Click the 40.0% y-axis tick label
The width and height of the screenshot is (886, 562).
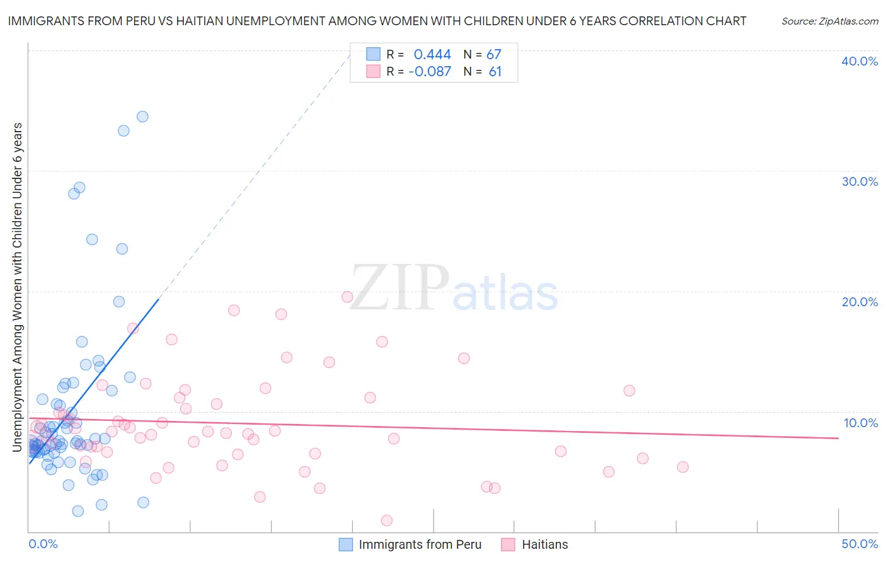click(860, 61)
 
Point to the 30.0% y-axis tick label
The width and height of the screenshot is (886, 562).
click(860, 181)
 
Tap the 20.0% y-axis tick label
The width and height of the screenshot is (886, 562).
click(860, 302)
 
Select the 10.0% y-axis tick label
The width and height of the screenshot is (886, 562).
click(861, 423)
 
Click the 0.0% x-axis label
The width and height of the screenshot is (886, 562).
click(43, 544)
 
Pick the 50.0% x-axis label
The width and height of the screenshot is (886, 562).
click(860, 544)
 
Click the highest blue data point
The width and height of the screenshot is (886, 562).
click(142, 117)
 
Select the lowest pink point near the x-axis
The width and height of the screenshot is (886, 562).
click(387, 520)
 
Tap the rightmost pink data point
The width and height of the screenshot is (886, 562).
click(682, 467)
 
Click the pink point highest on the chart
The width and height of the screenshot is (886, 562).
click(347, 297)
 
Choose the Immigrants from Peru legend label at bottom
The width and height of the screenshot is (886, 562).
click(420, 544)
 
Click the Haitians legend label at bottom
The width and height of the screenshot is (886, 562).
click(544, 544)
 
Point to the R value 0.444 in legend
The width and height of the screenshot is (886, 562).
click(432, 55)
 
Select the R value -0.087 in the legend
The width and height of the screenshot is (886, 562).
click(430, 72)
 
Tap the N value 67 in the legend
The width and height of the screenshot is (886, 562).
click(493, 55)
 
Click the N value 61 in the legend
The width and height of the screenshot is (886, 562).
click(495, 72)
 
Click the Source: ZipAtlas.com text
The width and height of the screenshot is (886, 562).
click(829, 21)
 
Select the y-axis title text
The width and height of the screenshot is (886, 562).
click(17, 287)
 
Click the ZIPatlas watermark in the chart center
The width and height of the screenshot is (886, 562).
click(454, 289)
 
